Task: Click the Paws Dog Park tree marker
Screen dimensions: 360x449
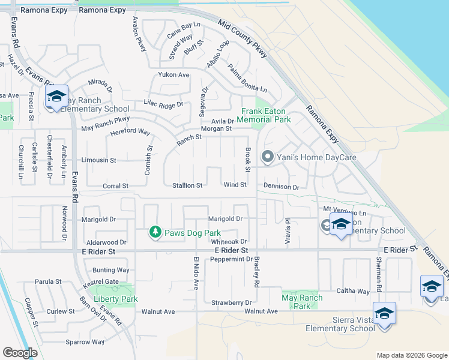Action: point(155,232)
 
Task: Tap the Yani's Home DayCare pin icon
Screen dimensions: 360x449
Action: point(267,157)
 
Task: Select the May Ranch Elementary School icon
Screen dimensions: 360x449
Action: point(56,97)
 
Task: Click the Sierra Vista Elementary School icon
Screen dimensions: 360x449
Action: point(384,314)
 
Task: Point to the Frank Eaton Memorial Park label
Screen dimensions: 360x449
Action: point(267,115)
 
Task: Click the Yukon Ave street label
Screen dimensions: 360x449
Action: point(173,75)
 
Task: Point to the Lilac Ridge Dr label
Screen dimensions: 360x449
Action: point(163,104)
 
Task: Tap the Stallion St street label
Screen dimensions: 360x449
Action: point(187,186)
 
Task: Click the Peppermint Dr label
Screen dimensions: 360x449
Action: point(232,259)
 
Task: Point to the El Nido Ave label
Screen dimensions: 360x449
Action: point(196,273)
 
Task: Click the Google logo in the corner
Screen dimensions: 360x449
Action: point(20,353)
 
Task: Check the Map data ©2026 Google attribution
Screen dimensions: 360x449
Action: point(411,355)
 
